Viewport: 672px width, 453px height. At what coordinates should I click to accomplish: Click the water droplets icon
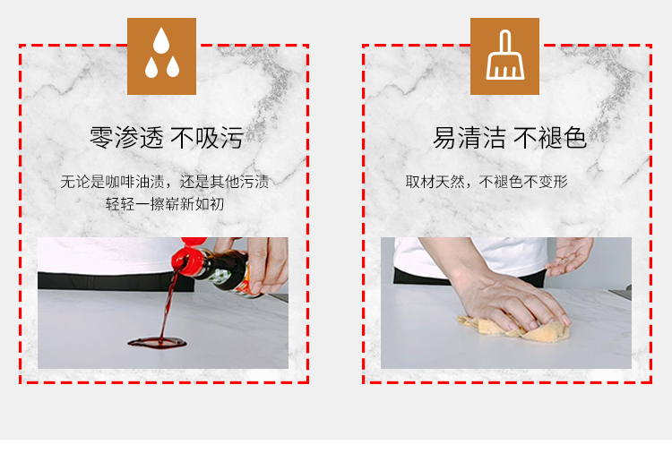pos(161,53)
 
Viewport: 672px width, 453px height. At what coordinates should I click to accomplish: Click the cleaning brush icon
pos(504,55)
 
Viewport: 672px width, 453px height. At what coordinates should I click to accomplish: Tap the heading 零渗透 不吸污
pos(167,138)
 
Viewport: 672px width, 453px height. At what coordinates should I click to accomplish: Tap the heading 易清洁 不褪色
pos(509,138)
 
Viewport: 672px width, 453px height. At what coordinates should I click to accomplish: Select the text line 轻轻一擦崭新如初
pos(165,204)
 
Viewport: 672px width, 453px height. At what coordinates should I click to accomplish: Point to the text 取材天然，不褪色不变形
pos(487,182)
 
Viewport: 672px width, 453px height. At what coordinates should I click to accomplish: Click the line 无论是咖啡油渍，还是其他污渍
pos(165,182)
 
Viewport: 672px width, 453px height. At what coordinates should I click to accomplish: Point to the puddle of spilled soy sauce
pos(158,343)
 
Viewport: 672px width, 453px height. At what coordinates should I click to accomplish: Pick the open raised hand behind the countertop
pos(571,255)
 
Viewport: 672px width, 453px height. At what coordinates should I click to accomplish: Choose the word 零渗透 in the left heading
pos(126,138)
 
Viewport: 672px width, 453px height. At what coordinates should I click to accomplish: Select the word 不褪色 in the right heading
pos(550,138)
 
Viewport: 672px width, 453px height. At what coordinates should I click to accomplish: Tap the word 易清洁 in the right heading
pos(470,138)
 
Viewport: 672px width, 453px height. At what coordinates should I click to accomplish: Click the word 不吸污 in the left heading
pos(207,138)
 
